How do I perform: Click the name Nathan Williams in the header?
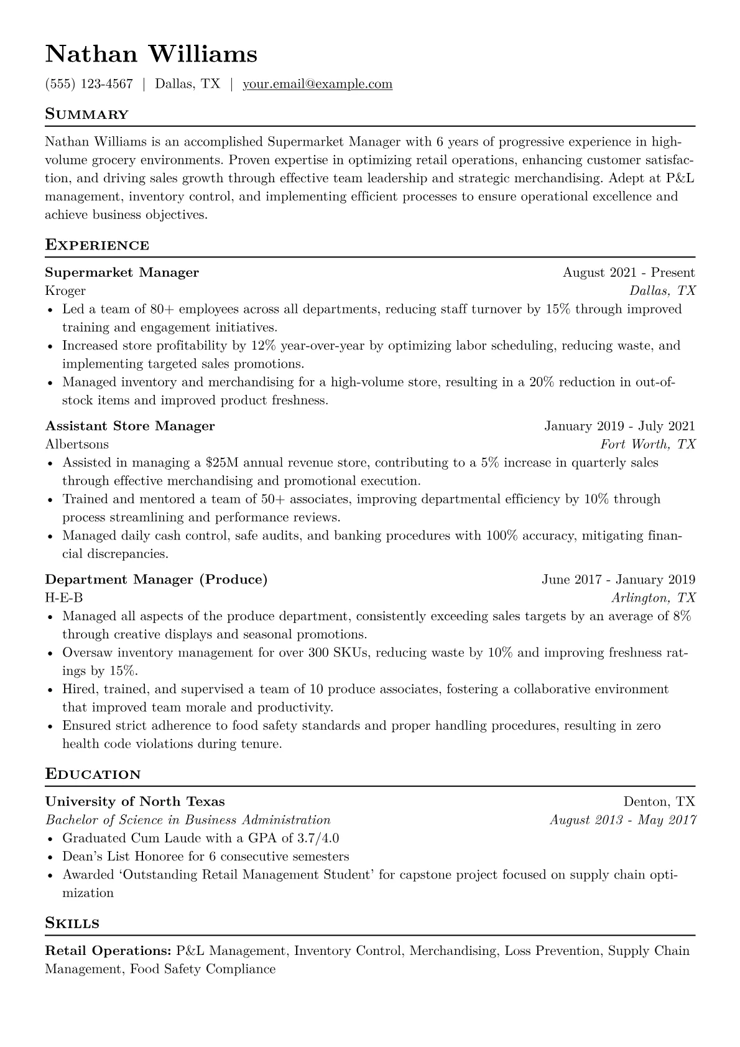(151, 54)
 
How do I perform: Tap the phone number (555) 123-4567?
(89, 84)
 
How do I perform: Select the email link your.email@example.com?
(317, 84)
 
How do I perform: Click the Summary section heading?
(86, 114)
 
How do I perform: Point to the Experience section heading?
(97, 245)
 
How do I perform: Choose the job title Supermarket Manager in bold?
(122, 272)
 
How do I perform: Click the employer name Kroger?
(65, 291)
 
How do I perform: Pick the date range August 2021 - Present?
(629, 272)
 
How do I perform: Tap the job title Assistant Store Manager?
(130, 426)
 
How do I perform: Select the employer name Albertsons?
(76, 444)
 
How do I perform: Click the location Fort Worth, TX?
(647, 444)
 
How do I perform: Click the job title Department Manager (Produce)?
(156, 580)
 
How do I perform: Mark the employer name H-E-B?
(63, 598)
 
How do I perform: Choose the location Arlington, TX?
(653, 598)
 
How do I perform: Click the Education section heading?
(93, 775)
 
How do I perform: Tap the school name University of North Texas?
(135, 801)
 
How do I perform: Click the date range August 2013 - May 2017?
(622, 820)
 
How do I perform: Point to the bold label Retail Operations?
(108, 951)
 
